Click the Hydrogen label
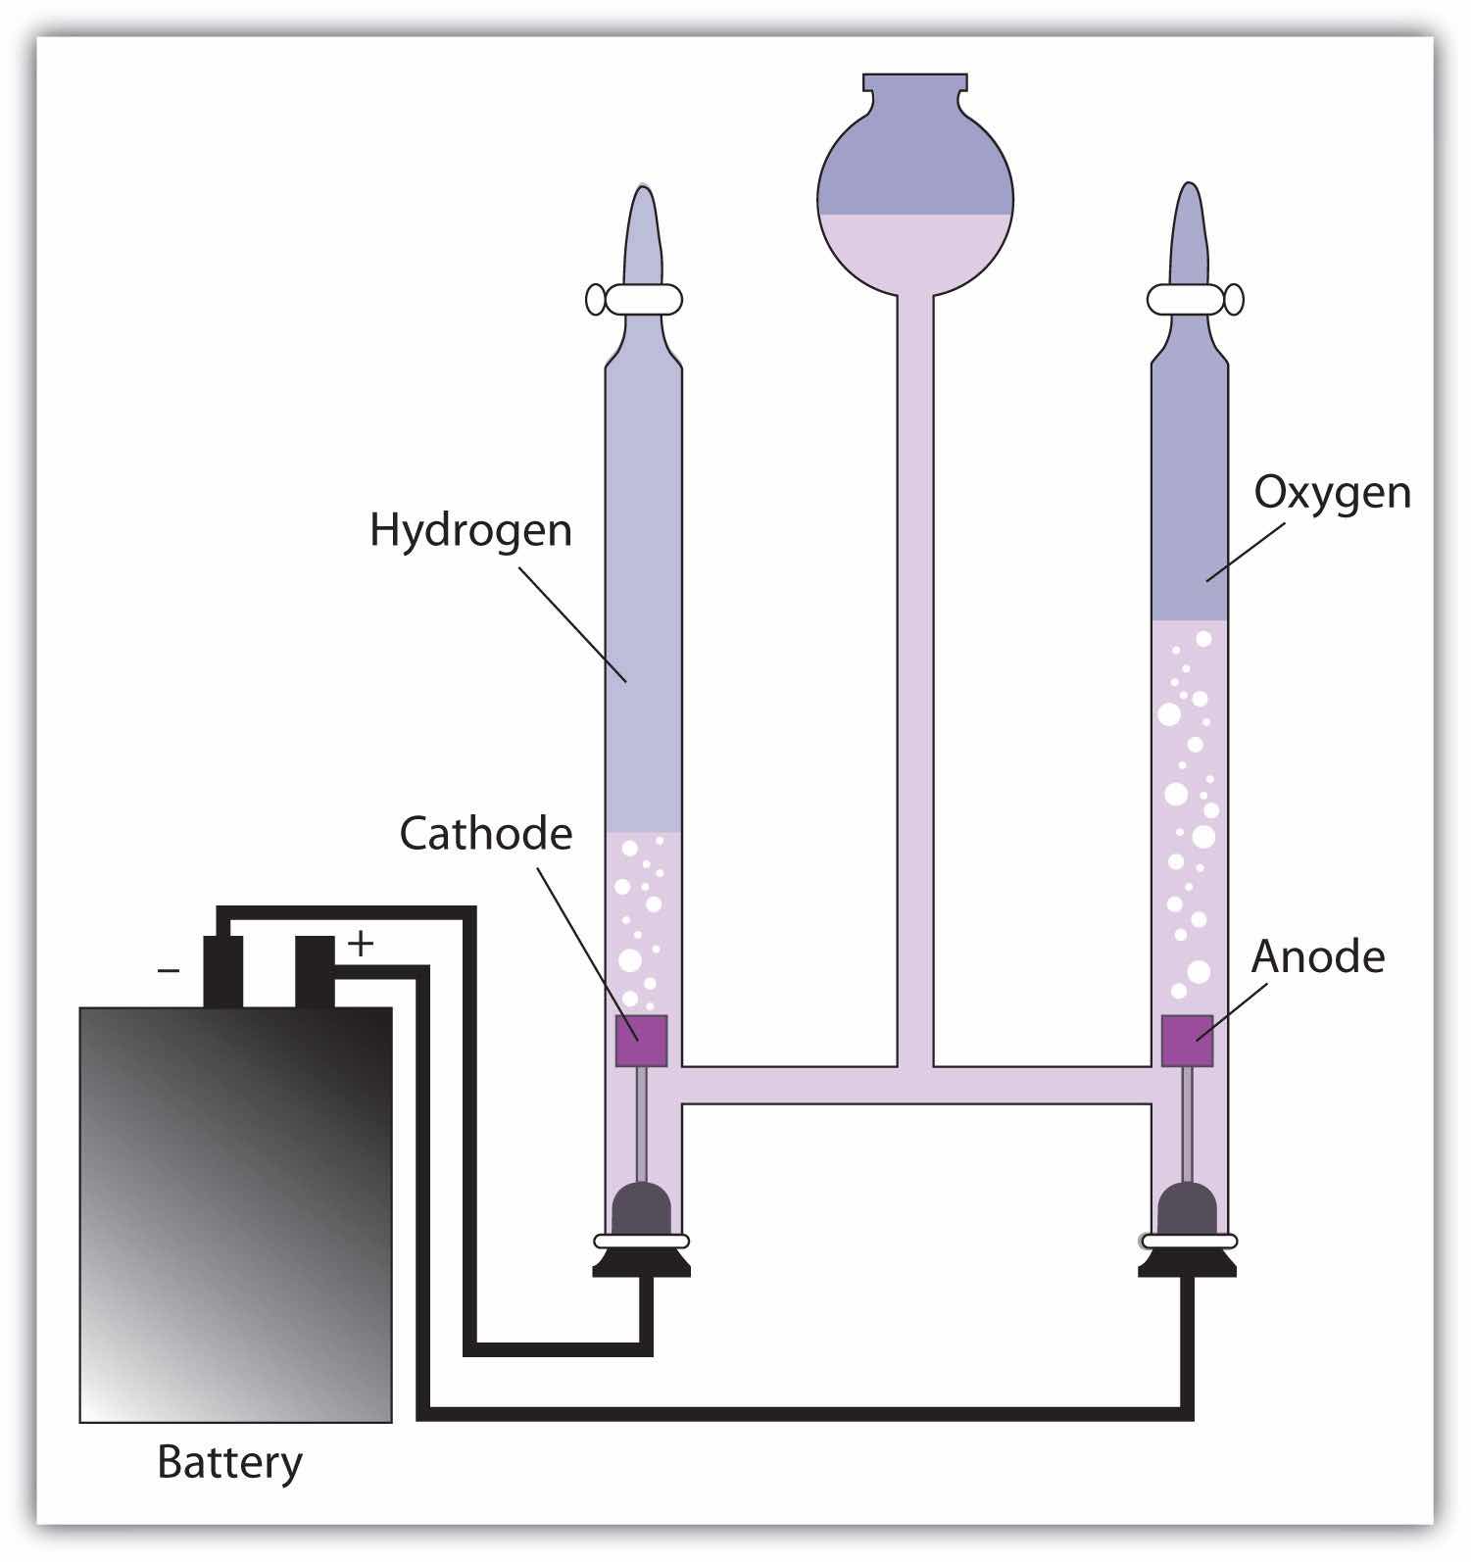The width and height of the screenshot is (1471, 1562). click(470, 530)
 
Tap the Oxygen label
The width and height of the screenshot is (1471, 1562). click(1332, 492)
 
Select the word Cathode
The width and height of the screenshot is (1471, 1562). click(485, 834)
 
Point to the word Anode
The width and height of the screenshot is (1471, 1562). click(1317, 956)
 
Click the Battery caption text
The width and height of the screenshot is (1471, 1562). click(229, 1462)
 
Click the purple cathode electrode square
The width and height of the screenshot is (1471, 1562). click(641, 1041)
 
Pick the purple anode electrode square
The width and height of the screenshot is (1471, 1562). click(1187, 1041)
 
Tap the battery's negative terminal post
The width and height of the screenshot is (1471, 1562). click(222, 970)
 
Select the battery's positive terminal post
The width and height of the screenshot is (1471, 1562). click(315, 970)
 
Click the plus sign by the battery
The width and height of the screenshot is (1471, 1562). click(362, 944)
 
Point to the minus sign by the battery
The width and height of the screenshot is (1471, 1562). click(169, 971)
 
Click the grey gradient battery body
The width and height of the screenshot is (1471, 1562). click(235, 1215)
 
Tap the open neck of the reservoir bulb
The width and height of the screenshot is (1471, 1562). click(914, 84)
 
